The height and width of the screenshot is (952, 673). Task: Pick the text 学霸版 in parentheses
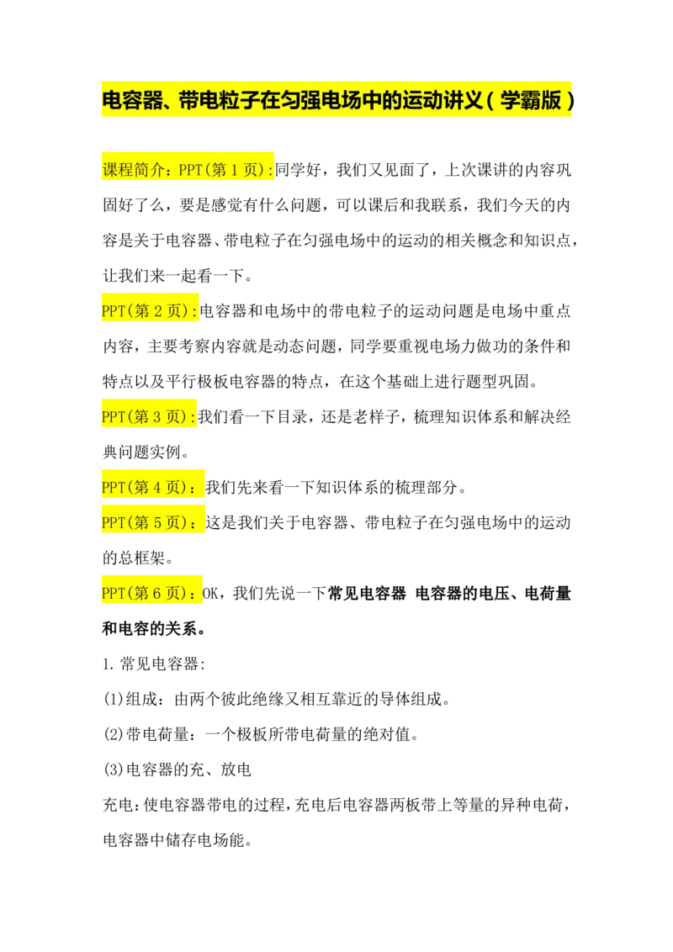531,101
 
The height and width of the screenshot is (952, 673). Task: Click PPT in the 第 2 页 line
113,311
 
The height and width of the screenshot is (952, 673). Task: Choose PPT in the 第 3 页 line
113,416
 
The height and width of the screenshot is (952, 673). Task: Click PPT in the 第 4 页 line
113,487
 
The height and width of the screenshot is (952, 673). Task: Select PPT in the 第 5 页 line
113,522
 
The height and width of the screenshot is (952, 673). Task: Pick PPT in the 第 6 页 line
113,593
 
